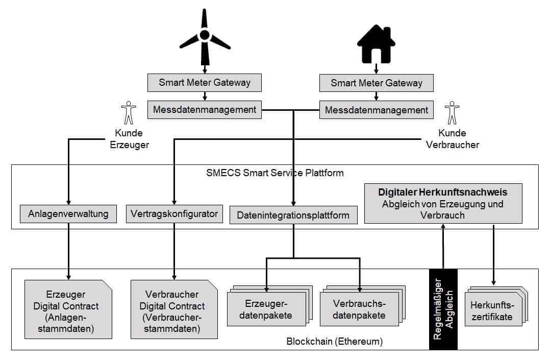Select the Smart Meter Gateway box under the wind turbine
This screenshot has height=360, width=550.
[205, 82]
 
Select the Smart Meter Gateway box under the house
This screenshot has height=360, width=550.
[377, 83]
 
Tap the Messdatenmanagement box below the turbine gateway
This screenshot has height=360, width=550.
[205, 109]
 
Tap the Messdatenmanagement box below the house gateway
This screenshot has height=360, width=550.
[377, 110]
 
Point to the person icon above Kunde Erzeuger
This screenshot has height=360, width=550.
[129, 113]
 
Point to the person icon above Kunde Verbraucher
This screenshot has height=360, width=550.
[452, 113]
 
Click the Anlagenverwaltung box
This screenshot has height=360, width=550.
[68, 213]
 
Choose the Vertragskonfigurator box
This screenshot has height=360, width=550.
[174, 213]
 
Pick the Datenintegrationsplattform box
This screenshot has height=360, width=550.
[293, 215]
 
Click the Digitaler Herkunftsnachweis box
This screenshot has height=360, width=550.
[442, 203]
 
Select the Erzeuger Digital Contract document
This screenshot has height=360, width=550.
[68, 309]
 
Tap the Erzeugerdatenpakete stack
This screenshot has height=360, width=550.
[268, 309]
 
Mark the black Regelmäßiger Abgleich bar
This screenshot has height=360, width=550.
[443, 309]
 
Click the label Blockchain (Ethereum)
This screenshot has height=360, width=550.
[334, 341]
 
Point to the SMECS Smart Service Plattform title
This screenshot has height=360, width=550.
[274, 173]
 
